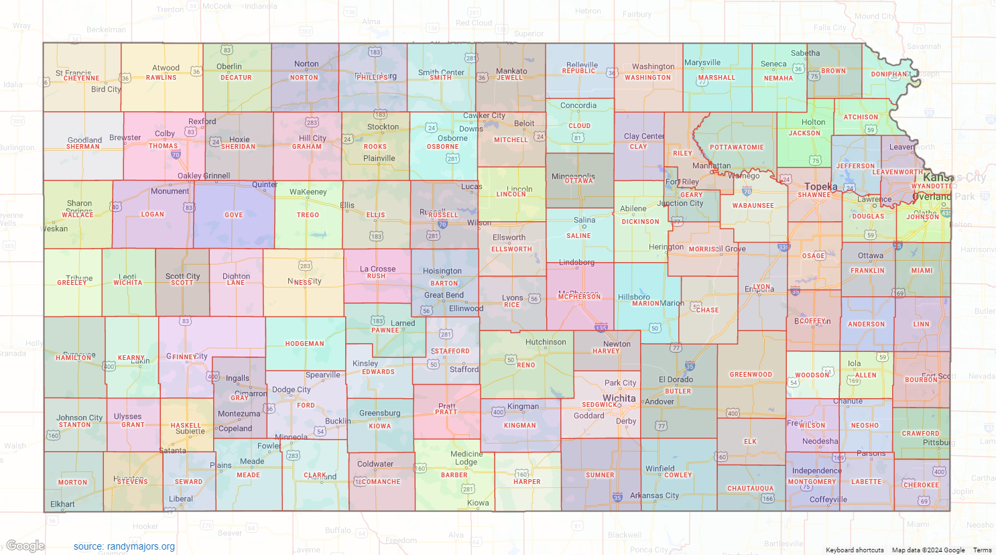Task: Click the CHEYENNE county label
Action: tap(81, 78)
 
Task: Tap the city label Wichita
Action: tap(619, 398)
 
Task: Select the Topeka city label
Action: tap(820, 186)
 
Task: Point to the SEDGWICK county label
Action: tap(599, 405)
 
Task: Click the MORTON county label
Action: tap(72, 483)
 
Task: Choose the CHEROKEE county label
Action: tap(921, 485)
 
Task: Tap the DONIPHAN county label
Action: tap(889, 74)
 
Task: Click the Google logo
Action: tap(25, 546)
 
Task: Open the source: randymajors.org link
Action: tap(124, 546)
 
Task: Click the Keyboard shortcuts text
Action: tap(855, 550)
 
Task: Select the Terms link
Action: tap(982, 550)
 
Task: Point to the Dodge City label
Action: tap(291, 389)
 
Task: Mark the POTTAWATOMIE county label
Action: tap(737, 147)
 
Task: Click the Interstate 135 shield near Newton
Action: tap(601, 328)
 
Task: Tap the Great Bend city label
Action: tap(444, 295)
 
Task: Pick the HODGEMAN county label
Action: tap(304, 344)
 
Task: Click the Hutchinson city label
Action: tap(546, 342)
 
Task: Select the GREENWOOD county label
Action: tap(751, 375)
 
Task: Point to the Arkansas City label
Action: tap(654, 495)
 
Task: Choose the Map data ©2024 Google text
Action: tap(928, 550)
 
